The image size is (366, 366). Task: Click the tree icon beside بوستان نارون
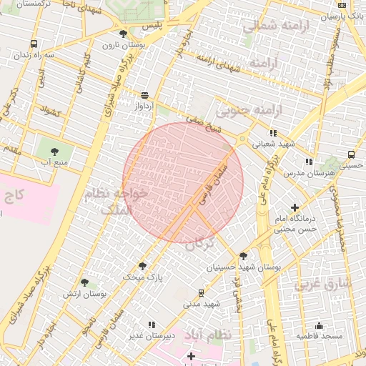124,34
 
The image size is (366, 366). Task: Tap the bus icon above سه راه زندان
35,44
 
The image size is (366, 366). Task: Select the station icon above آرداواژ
145,94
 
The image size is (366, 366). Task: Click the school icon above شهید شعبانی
273,132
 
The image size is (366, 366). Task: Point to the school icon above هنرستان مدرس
309,162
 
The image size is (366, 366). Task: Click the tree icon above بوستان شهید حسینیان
244,255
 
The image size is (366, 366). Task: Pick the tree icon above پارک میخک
142,265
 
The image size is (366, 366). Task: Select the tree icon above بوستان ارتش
85,282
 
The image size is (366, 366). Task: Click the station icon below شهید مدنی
201,292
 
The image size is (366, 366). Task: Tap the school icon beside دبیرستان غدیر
151,325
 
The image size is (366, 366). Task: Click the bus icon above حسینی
351,154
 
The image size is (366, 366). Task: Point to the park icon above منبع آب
55,150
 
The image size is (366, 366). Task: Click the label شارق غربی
333,284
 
